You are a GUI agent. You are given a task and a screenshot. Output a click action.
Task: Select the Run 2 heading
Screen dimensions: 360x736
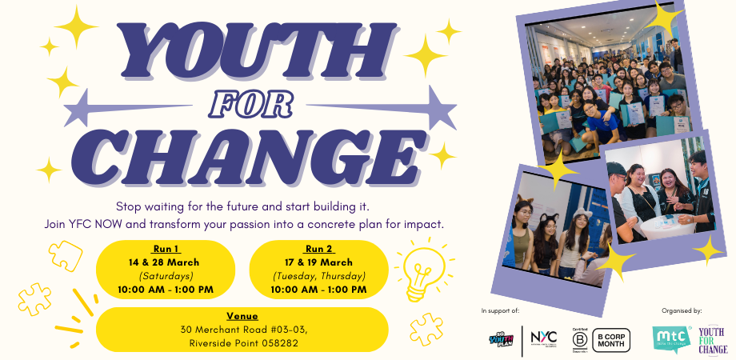pos(319,249)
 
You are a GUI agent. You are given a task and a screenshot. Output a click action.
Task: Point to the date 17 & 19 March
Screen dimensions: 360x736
pos(319,262)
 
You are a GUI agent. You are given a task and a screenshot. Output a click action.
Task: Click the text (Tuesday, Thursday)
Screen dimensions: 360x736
pos(319,275)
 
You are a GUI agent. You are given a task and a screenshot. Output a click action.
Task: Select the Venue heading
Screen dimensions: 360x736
pos(242,316)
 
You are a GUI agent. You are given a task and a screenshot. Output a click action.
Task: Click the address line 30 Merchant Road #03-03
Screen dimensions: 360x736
pos(242,329)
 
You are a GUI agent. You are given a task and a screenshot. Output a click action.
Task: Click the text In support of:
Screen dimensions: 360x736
pos(500,310)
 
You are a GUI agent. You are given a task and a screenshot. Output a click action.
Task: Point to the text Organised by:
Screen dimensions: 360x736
pos(682,310)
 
